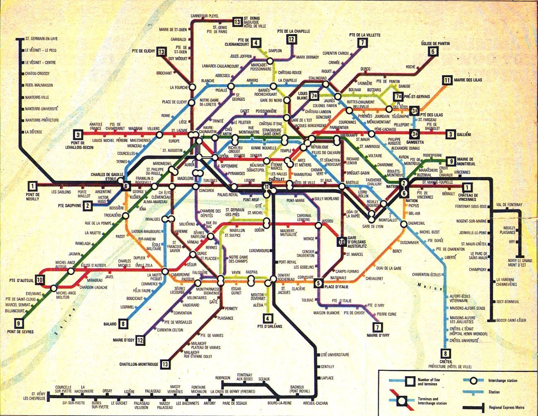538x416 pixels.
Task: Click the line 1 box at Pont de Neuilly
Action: pos(32,186)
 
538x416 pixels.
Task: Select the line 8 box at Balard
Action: pos(123,324)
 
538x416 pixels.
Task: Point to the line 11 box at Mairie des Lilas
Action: pos(446,80)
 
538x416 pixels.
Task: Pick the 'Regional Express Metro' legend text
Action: pos(509,407)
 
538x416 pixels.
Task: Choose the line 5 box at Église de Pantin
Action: pos(433,51)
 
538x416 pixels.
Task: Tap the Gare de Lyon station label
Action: pos(372,226)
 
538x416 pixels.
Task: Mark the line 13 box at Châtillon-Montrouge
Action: pos(166,364)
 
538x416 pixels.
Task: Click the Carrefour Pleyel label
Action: pos(204,16)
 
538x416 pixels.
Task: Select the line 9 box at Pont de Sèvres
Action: pos(19,323)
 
